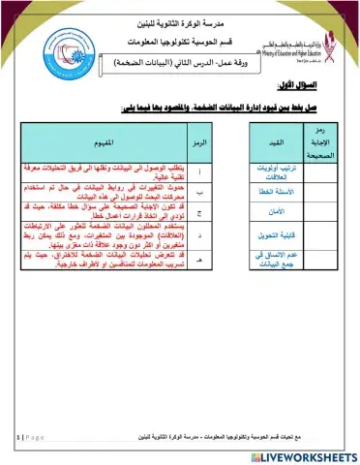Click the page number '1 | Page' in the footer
tap(29, 437)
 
